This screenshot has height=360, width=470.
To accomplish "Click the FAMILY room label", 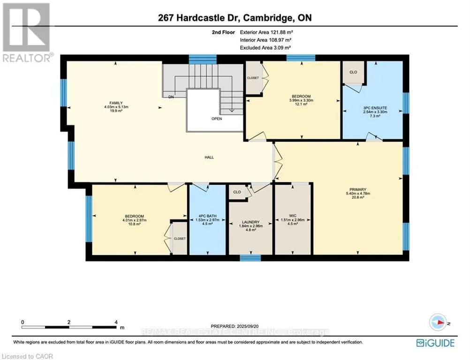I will coord(113,102).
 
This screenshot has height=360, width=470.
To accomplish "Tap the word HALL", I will coord(209,157).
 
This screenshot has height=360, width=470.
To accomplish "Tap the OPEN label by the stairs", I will coord(216,119).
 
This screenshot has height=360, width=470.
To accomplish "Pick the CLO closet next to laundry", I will coord(237,192).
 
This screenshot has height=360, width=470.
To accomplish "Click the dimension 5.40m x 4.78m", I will coord(357,194).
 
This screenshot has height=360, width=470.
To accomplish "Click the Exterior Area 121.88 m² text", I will coord(269,32).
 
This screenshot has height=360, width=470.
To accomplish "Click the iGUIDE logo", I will coord(436,343).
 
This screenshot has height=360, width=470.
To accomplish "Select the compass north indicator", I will coord(439,322).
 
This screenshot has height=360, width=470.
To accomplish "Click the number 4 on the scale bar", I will coord(115,322).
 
